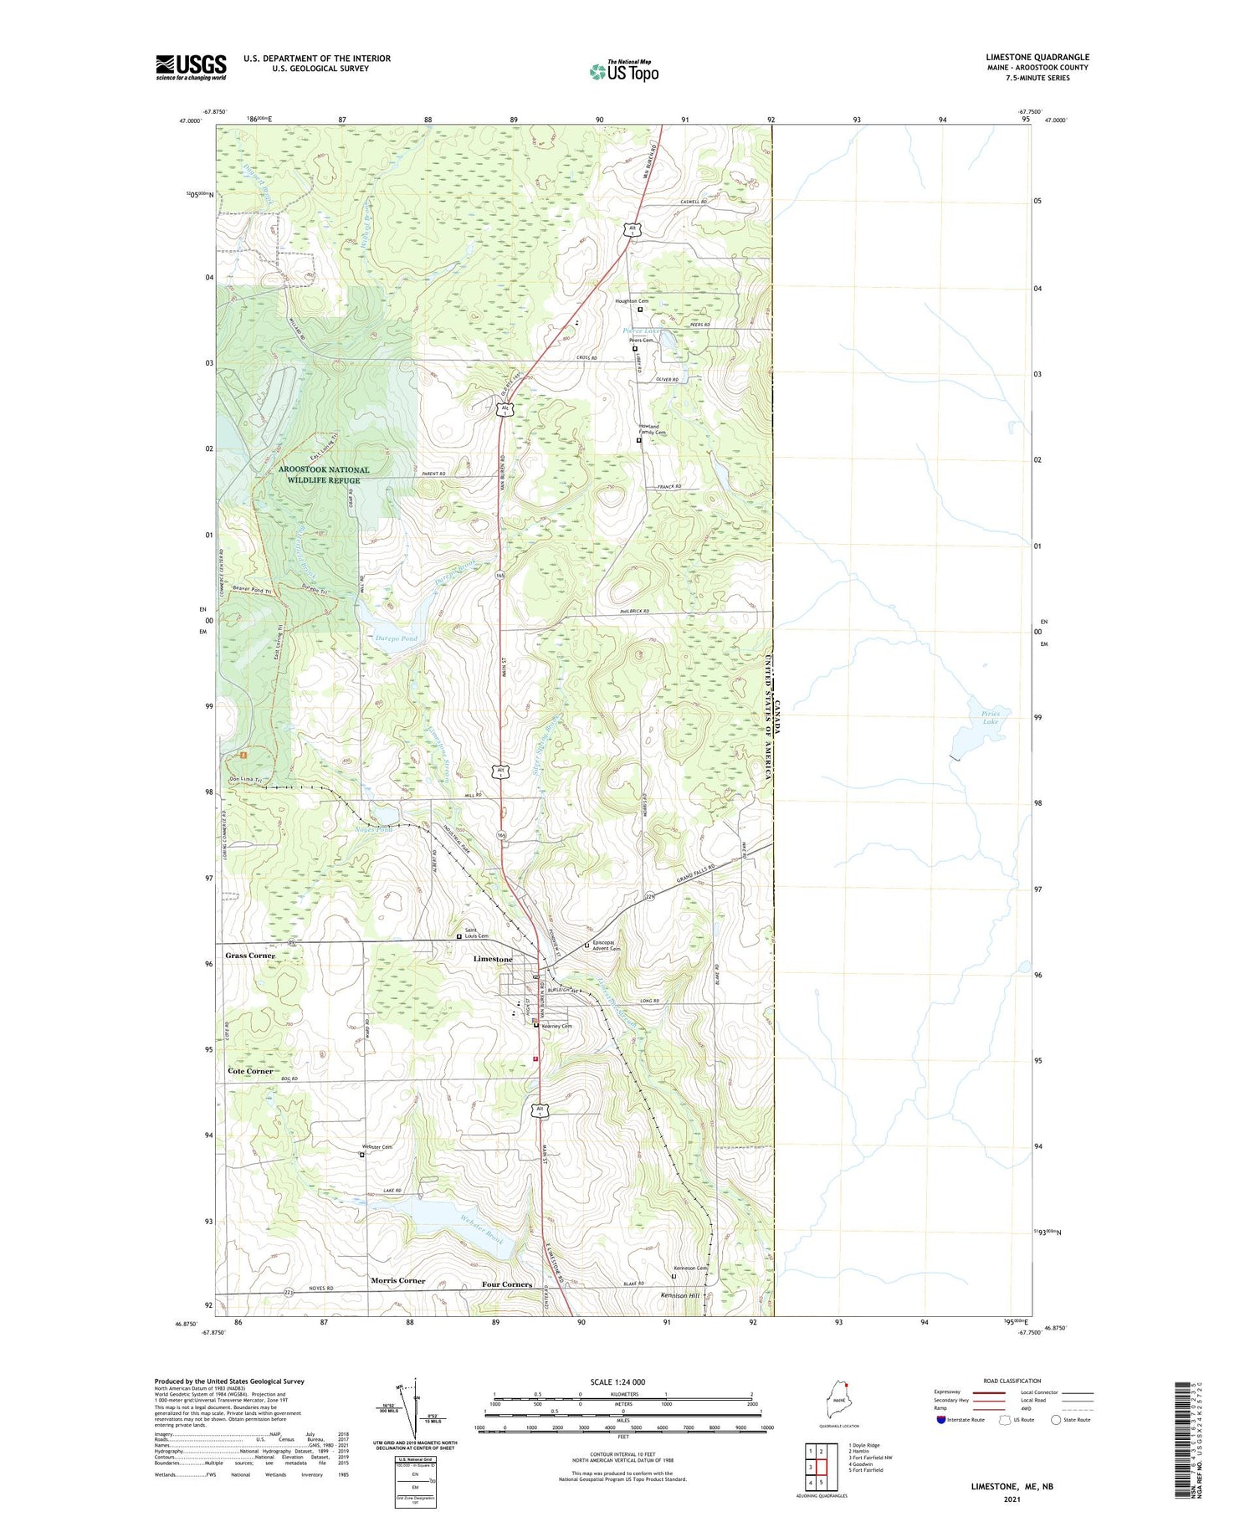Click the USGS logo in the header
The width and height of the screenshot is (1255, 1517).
click(191, 67)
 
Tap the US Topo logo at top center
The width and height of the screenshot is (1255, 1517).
click(624, 71)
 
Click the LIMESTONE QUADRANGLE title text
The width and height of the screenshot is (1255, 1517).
click(1037, 57)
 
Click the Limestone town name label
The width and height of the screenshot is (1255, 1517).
click(493, 959)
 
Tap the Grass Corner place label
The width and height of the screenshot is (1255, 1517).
click(249, 956)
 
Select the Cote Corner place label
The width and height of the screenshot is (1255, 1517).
click(249, 1071)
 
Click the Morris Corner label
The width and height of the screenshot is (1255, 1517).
click(397, 1280)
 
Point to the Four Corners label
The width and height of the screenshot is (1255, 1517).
click(506, 1284)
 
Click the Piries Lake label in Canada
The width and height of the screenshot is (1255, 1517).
click(991, 717)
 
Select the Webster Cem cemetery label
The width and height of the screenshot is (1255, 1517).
click(376, 1147)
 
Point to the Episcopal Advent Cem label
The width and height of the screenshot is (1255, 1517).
click(606, 946)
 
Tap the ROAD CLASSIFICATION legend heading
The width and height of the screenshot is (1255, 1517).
click(1012, 1381)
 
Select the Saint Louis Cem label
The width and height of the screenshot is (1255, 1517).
click(477, 933)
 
